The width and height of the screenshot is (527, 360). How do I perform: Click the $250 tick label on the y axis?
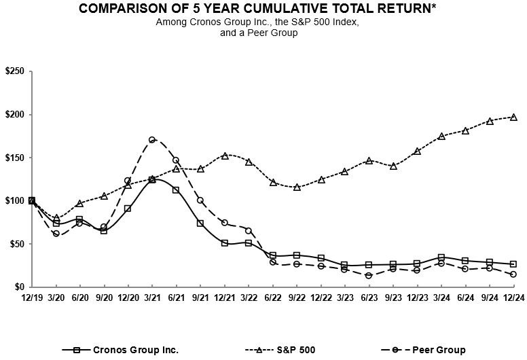pos(14,71)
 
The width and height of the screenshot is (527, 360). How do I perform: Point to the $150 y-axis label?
pos(14,158)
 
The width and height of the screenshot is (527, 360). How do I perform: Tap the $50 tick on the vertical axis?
pos(16,244)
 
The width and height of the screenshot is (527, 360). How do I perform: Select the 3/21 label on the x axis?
pos(152,298)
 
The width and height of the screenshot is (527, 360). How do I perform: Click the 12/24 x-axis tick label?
pos(513,298)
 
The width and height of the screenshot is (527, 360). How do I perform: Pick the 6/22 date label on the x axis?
pos(272,298)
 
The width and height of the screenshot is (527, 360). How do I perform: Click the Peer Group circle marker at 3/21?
pos(152,140)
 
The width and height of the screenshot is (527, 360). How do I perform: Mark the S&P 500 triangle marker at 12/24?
pos(513,117)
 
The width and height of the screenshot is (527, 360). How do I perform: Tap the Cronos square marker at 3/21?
pos(152,179)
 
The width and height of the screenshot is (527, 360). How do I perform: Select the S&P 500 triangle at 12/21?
pos(224,156)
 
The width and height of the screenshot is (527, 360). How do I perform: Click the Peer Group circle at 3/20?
pos(56,234)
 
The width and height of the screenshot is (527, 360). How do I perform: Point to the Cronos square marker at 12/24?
pos(513,264)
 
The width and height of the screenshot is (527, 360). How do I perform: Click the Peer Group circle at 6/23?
pos(369,275)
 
